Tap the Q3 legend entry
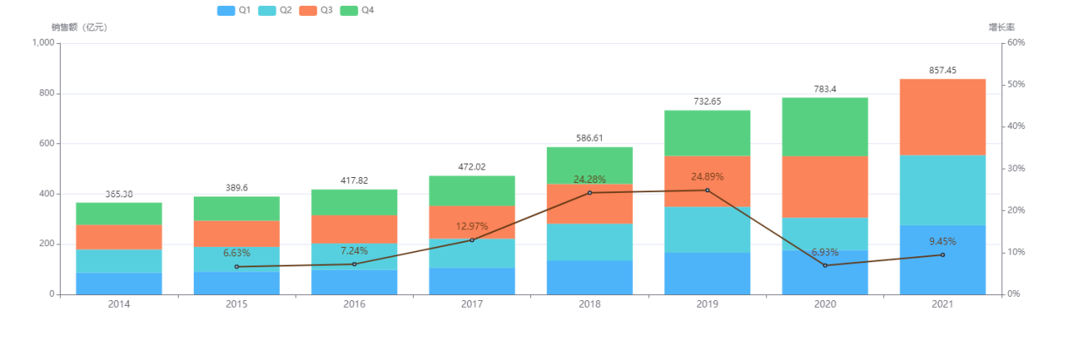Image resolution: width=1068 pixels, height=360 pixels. click(316, 10)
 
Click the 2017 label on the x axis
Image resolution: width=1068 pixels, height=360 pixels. click(472, 304)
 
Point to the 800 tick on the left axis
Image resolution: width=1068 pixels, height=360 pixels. click(43, 94)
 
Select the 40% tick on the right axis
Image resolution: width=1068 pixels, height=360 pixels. click(1016, 126)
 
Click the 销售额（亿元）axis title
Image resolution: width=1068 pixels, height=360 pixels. click(79, 28)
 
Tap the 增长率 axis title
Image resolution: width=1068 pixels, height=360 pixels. click(1001, 28)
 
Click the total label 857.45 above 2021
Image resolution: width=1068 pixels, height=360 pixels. click(942, 71)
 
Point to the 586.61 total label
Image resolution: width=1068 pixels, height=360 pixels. click(589, 138)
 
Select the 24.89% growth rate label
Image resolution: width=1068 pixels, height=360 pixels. click(707, 177)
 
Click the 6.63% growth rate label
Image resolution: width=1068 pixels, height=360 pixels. click(237, 253)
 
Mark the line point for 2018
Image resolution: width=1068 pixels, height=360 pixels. click(589, 193)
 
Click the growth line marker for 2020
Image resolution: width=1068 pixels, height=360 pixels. click(825, 266)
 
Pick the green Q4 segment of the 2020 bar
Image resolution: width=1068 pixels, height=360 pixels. click(825, 126)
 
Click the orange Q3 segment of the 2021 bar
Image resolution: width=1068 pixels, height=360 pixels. click(942, 117)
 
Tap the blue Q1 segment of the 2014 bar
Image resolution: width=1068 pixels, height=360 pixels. click(119, 283)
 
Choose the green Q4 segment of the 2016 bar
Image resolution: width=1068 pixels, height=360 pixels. click(354, 202)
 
